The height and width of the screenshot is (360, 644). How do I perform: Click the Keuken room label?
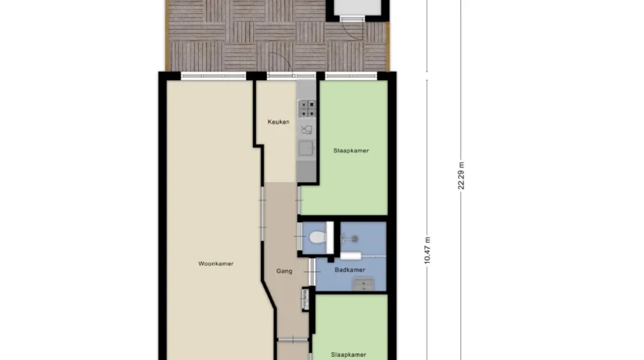pos(278,122)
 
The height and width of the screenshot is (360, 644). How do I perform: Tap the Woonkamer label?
pos(216,264)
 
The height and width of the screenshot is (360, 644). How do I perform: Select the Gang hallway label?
pos(285,271)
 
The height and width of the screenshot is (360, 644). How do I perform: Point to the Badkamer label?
pos(350,270)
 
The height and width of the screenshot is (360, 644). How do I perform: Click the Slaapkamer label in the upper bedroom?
pos(351,150)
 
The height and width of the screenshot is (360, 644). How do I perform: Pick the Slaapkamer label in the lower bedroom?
pos(349,355)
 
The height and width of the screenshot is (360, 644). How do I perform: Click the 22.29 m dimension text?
pos(460,176)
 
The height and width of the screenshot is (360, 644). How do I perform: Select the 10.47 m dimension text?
pos(427,250)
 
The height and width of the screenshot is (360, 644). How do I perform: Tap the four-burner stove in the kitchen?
pos(307,109)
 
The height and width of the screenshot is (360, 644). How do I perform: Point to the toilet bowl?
pos(318,237)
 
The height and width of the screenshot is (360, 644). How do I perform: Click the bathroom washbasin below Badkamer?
pos(363,284)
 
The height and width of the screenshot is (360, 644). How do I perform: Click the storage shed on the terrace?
pos(357,10)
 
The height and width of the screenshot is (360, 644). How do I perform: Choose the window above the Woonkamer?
pos(213,76)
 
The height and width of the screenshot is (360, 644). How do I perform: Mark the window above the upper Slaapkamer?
pos(351,76)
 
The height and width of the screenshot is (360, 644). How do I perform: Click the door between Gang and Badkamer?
pos(312,272)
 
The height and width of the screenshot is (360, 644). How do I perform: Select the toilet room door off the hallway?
pos(300,237)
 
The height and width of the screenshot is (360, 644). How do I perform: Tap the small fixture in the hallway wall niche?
pos(305,299)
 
